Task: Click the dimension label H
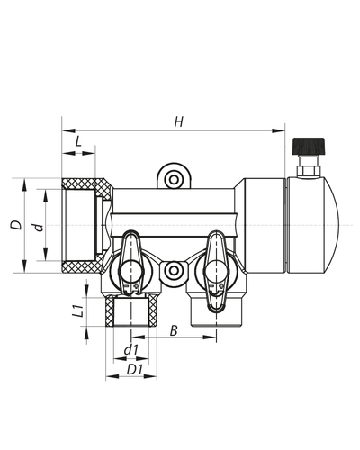pos(179,122)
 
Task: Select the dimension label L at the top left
pos(78,141)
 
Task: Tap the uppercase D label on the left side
pos(16,225)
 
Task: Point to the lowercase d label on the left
pos(39,228)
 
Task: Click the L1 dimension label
pos(77,310)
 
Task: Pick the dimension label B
pos(174,330)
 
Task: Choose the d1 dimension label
pos(131,350)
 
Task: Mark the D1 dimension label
pos(135,370)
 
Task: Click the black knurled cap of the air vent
pos(309,146)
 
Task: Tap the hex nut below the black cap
pos(309,171)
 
